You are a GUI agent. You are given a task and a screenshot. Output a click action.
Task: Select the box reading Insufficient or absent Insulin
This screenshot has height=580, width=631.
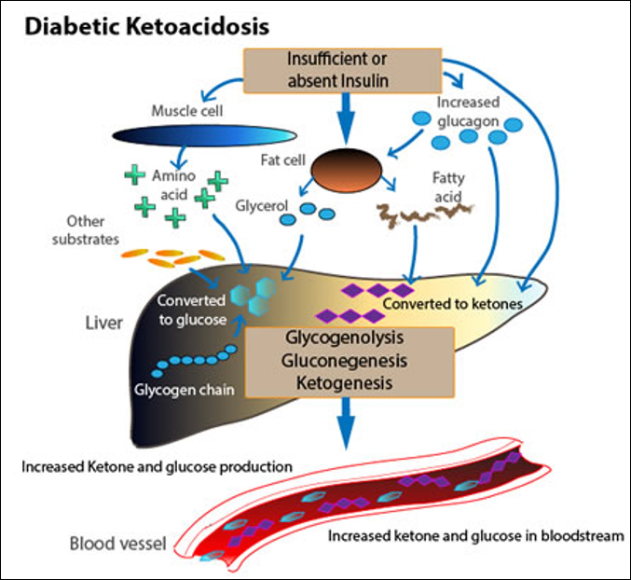pyautogui.click(x=337, y=70)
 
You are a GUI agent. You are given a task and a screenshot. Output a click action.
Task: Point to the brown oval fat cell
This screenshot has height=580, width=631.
pyautogui.click(x=345, y=170)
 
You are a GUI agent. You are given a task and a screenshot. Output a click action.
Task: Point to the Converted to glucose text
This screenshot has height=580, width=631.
pyautogui.click(x=191, y=311)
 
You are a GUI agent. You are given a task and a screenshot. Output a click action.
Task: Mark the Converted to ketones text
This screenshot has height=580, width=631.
pyautogui.click(x=452, y=304)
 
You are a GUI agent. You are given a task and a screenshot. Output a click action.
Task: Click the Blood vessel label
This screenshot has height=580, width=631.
pyautogui.click(x=117, y=543)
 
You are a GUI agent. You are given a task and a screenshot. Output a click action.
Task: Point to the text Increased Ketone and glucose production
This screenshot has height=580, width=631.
pyautogui.click(x=158, y=464)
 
